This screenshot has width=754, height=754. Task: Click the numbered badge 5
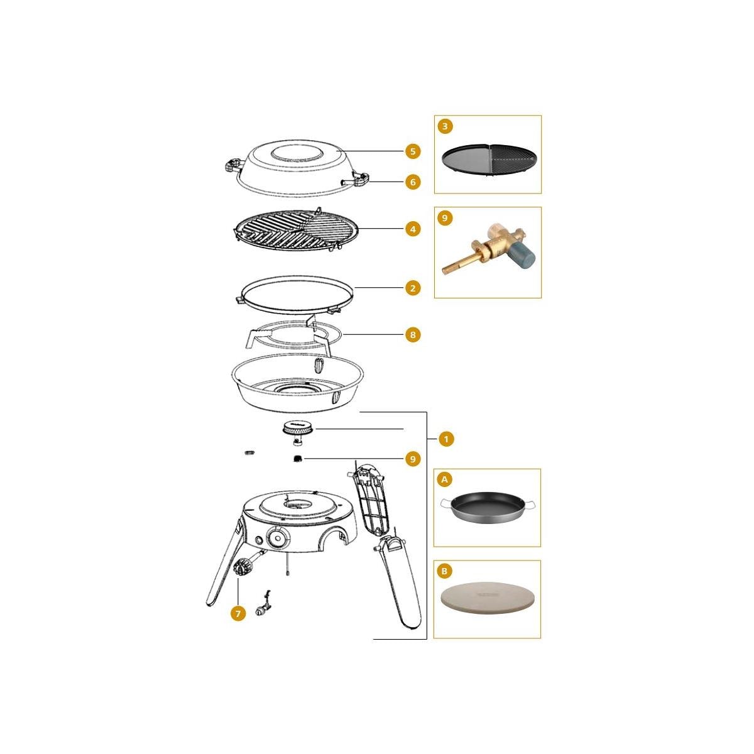tap(413, 151)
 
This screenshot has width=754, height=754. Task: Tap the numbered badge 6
tap(413, 182)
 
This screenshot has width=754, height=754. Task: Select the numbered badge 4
tap(413, 229)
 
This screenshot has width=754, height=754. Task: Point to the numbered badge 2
tap(413, 288)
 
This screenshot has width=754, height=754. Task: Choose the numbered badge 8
tap(413, 335)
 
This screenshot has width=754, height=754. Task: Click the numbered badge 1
tap(446, 439)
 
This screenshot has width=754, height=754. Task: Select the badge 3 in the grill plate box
tap(445, 126)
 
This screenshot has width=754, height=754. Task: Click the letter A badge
tap(444, 479)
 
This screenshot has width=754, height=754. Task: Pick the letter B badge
tap(444, 571)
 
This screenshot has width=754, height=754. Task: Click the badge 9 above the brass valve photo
tap(445, 217)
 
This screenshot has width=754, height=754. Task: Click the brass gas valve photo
tap(489, 248)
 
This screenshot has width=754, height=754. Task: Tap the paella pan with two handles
tap(489, 509)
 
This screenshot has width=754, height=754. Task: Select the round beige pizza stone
tap(488, 599)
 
